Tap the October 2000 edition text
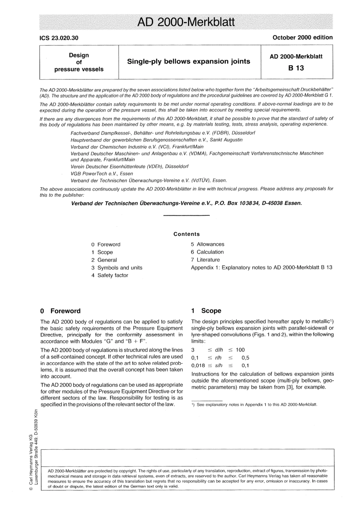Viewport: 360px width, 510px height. pyautogui.click(x=302, y=38)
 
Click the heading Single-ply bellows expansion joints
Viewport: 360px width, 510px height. pyautogui.click(x=188, y=61)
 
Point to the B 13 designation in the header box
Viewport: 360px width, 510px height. pyautogui.click(x=296, y=68)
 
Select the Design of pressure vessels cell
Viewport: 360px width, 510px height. pyautogui.click(x=79, y=62)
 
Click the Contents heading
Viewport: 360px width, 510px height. pyautogui.click(x=186, y=234)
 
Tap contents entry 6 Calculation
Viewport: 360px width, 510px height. pyautogui.click(x=207, y=252)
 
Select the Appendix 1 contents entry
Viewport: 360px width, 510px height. pyautogui.click(x=261, y=267)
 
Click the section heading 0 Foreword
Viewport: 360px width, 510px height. pyautogui.click(x=61, y=311)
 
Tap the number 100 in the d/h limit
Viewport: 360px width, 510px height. pyautogui.click(x=240, y=350)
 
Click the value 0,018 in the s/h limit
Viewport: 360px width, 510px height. pyautogui.click(x=198, y=366)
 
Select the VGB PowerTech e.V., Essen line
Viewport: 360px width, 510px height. pyautogui.click(x=102, y=174)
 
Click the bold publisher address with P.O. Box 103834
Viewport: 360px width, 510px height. pyautogui.click(x=186, y=203)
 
